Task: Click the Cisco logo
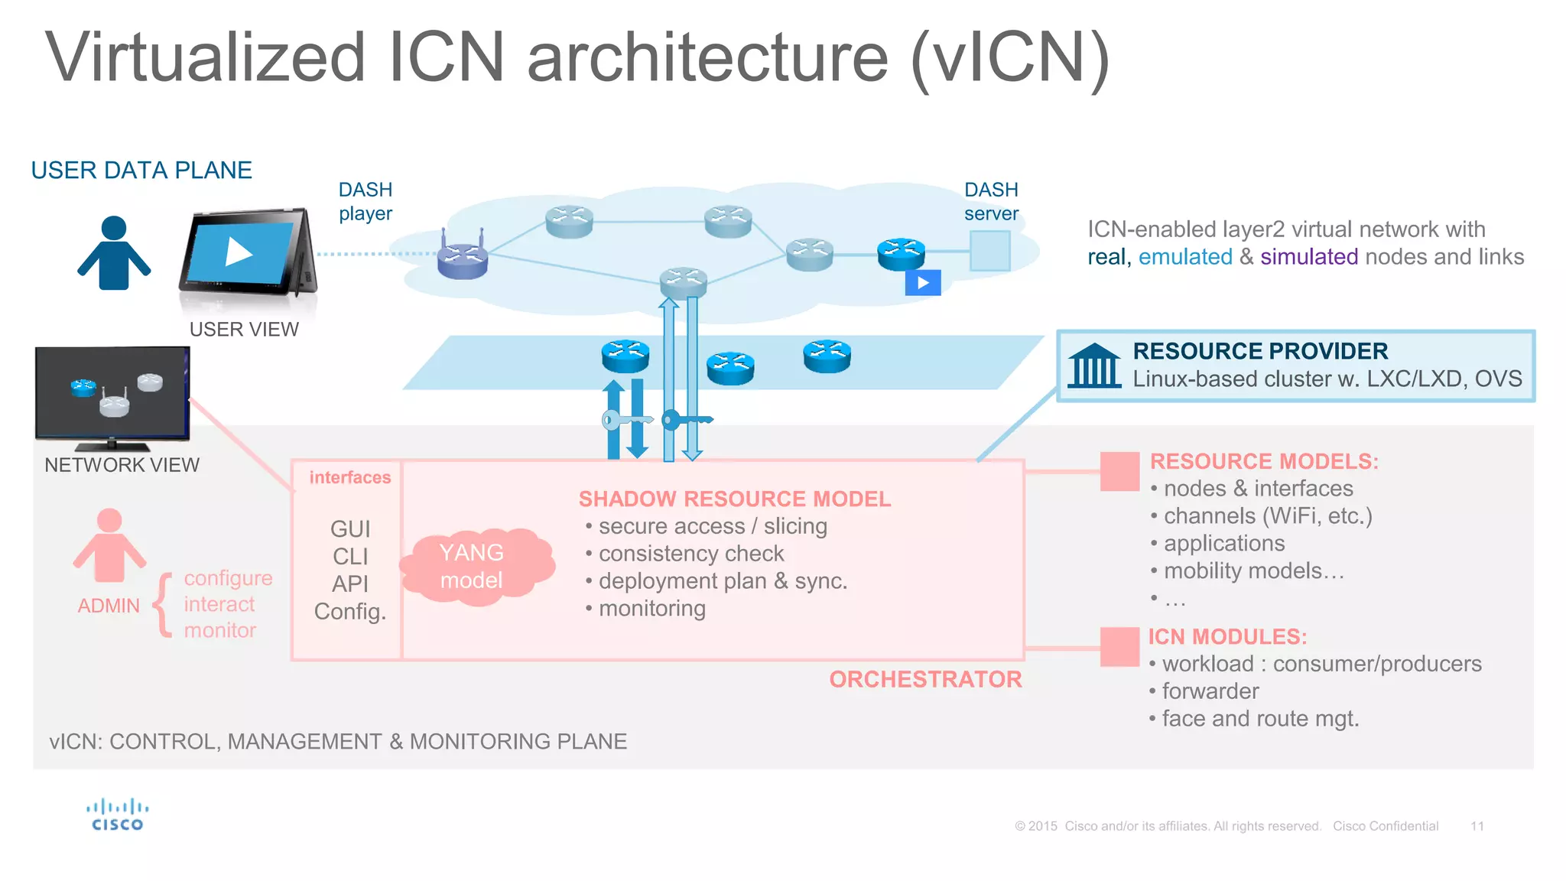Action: pyautogui.click(x=117, y=814)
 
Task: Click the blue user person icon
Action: pyautogui.click(x=113, y=253)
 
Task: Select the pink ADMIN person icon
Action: pyautogui.click(x=109, y=545)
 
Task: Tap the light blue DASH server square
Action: pyautogui.click(x=989, y=251)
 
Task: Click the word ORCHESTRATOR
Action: pyautogui.click(x=925, y=679)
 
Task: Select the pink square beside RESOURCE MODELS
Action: pyautogui.click(x=1119, y=471)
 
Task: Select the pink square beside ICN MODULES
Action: pyautogui.click(x=1119, y=646)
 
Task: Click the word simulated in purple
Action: pyautogui.click(x=1308, y=257)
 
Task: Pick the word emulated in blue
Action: pyautogui.click(x=1184, y=257)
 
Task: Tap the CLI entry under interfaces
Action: pyautogui.click(x=350, y=557)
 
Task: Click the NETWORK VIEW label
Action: pyautogui.click(x=122, y=465)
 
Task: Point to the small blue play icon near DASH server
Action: pyautogui.click(x=922, y=283)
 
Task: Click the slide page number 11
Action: pyautogui.click(x=1477, y=826)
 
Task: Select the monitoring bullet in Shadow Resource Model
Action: pyautogui.click(x=651, y=609)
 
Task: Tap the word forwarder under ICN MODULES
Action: pyautogui.click(x=1210, y=691)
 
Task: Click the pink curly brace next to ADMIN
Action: pyautogui.click(x=163, y=604)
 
